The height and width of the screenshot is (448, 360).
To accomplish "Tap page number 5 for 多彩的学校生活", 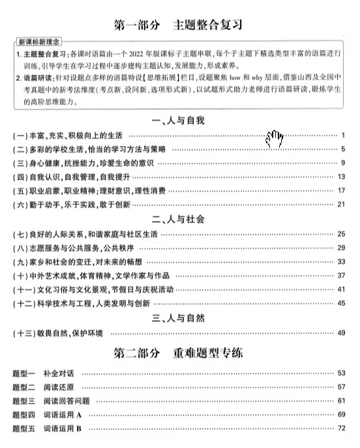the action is [342, 149].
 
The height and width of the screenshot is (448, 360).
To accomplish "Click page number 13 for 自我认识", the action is [340, 177].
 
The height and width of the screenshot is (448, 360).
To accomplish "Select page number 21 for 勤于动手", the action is [340, 204].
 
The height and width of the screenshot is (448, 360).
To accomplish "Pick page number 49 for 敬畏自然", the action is [340, 333].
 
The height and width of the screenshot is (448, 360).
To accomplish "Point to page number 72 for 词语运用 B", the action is [340, 428].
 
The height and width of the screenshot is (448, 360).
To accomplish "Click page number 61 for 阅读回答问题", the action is [340, 400].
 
